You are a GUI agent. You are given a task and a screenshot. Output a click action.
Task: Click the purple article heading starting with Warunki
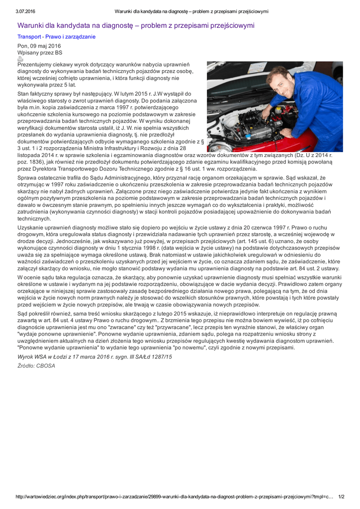tap(136, 25)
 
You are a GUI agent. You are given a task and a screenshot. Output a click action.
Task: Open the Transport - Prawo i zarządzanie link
tap(57, 37)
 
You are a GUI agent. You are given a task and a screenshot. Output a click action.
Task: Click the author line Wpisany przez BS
tap(40, 52)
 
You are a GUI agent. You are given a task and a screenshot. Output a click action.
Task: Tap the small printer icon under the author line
tap(20, 59)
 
